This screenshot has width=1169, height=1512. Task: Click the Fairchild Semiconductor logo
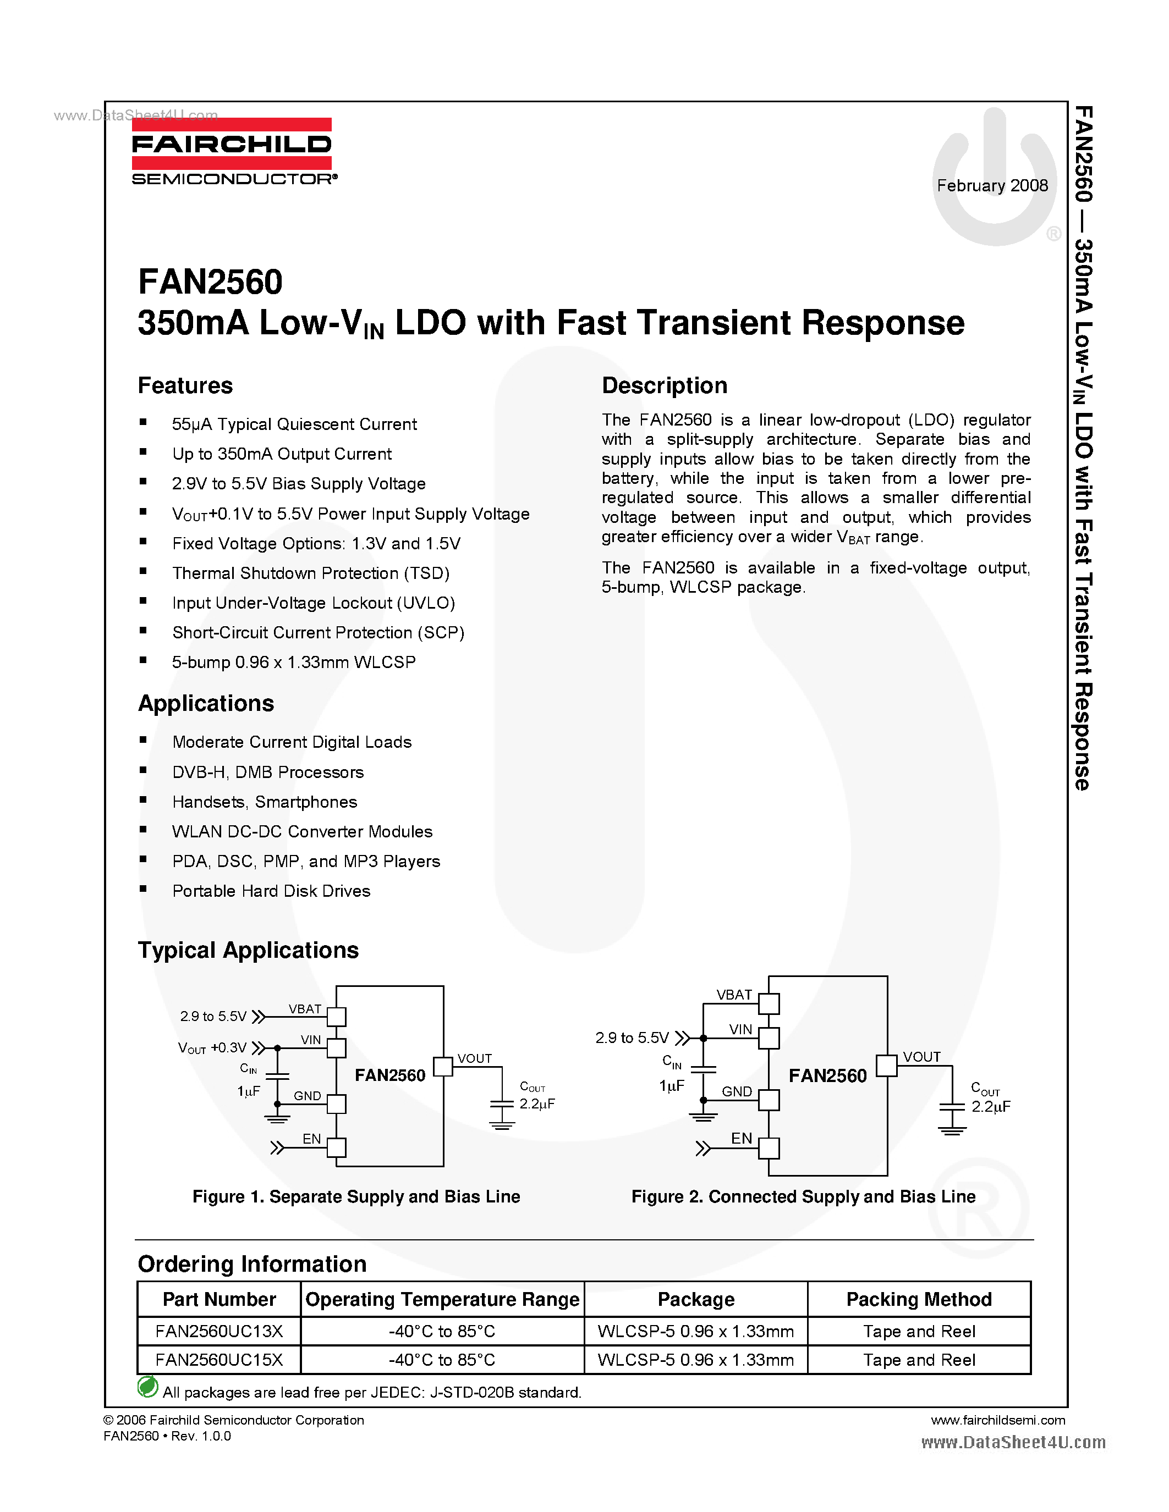tap(232, 151)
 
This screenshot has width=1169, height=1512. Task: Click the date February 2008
tap(992, 185)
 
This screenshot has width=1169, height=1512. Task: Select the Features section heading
tap(185, 385)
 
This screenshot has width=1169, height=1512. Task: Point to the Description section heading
tap(664, 385)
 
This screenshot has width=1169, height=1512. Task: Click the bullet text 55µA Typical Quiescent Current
tap(294, 424)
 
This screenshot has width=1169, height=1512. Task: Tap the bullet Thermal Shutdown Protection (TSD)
tap(311, 573)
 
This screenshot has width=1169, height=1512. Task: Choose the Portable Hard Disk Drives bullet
tap(271, 891)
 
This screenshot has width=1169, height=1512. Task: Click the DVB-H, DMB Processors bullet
tap(268, 772)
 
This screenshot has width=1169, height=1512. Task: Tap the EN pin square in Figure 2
tap(769, 1149)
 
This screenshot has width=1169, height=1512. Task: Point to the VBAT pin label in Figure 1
tap(305, 1009)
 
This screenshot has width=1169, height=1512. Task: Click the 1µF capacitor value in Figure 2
tap(672, 1085)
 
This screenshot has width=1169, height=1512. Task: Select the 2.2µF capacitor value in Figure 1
tap(537, 1103)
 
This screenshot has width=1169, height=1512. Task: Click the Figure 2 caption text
tap(803, 1197)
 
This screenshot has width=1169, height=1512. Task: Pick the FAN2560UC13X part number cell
tap(219, 1331)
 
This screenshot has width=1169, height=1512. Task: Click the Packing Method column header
tap(919, 1299)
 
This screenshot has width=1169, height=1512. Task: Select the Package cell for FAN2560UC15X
tap(695, 1360)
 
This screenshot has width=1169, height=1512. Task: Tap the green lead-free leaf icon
tap(147, 1387)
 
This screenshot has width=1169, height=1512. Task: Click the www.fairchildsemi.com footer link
tap(998, 1421)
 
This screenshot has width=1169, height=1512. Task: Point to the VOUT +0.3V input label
tap(212, 1048)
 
